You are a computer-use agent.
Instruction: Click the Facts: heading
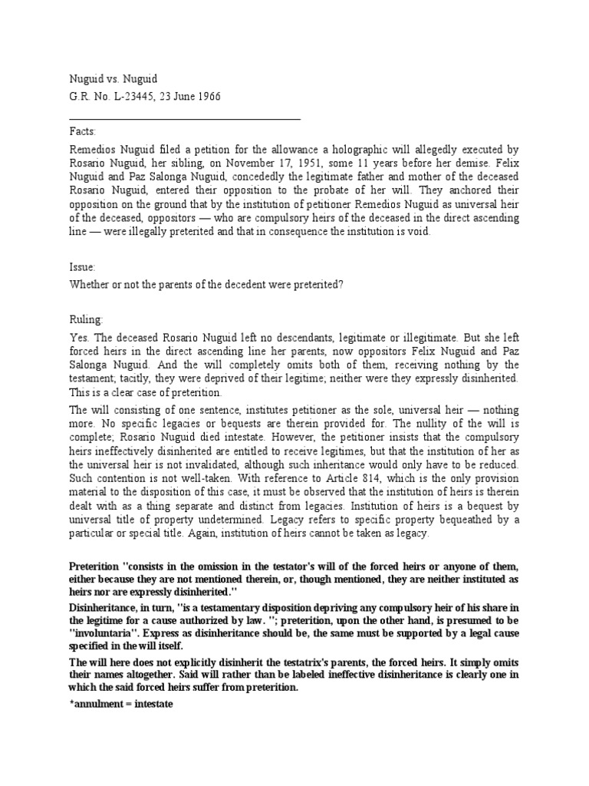[83, 132]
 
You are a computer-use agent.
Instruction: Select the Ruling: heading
[86, 319]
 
